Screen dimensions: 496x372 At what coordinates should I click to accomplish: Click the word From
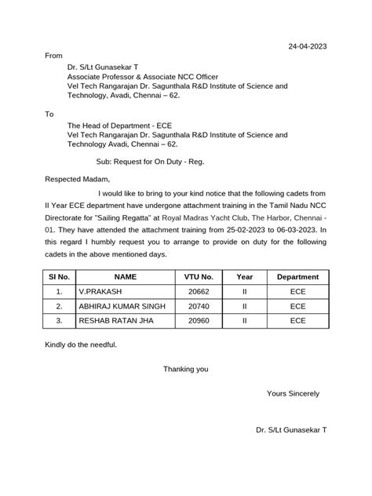click(x=53, y=57)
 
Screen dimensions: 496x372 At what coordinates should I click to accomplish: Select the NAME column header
click(x=125, y=277)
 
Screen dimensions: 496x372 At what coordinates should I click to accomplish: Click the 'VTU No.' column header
click(x=198, y=277)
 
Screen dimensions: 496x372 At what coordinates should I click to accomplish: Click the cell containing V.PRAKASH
click(x=99, y=291)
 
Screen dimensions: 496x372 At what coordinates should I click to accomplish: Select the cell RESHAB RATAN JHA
click(x=115, y=321)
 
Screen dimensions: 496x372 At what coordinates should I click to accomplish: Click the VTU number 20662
click(x=198, y=291)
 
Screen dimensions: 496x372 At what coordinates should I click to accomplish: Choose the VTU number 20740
click(x=198, y=306)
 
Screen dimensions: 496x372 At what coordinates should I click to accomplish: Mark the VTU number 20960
click(x=198, y=321)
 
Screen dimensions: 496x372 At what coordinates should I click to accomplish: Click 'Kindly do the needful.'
click(x=82, y=345)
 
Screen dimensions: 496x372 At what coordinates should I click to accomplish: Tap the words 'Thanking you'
click(x=186, y=369)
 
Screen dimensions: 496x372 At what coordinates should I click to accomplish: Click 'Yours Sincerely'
click(x=293, y=393)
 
